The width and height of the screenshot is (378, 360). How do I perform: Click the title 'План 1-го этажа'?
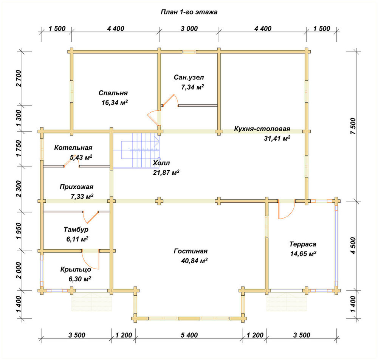click(189, 12)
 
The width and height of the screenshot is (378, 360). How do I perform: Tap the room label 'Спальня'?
click(113, 93)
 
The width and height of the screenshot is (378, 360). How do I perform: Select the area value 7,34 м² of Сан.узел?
click(192, 87)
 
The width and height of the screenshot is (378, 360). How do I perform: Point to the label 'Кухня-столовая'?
click(262, 129)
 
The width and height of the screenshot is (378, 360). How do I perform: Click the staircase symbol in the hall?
click(136, 150)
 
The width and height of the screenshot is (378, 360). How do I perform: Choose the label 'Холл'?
click(161, 163)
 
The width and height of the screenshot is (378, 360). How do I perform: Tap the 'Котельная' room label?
click(73, 147)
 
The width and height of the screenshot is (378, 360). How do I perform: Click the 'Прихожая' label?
click(76, 187)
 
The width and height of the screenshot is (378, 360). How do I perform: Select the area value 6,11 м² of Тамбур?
click(77, 239)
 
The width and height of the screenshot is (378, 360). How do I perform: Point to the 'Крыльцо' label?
click(76, 269)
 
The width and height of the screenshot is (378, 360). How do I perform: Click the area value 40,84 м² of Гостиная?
click(194, 261)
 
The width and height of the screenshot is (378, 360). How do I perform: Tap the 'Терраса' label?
click(303, 244)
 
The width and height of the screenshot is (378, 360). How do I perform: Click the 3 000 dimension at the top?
click(189, 28)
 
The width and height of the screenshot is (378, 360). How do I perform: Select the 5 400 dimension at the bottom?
click(189, 335)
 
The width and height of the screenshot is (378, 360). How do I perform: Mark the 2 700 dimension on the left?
click(19, 78)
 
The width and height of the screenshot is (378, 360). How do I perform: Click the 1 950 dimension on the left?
click(19, 231)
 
